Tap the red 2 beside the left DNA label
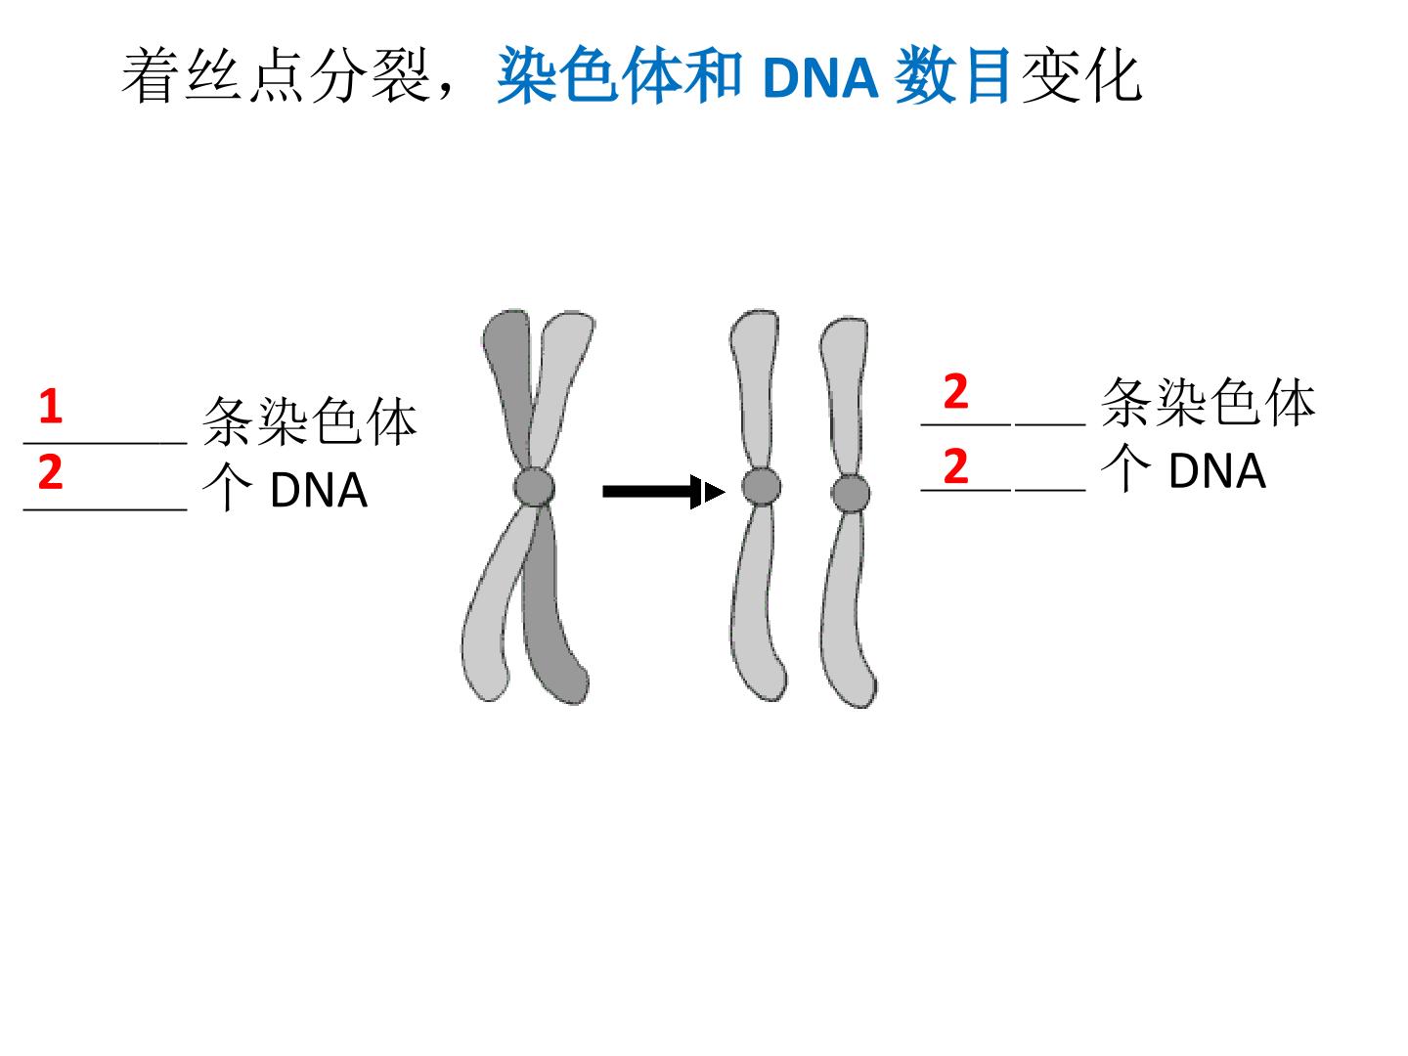point(51,472)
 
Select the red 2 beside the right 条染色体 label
point(955,391)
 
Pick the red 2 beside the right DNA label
point(955,466)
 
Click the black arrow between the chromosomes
point(664,492)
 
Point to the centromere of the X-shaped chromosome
point(534,487)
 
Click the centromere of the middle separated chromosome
point(761,486)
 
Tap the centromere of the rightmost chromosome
point(851,494)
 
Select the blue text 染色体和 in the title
point(620,75)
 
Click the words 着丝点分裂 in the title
point(276,75)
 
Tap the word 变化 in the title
point(1081,75)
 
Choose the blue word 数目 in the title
point(952,75)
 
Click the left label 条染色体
point(310,421)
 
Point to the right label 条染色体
point(1209,403)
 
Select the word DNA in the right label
point(1217,471)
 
